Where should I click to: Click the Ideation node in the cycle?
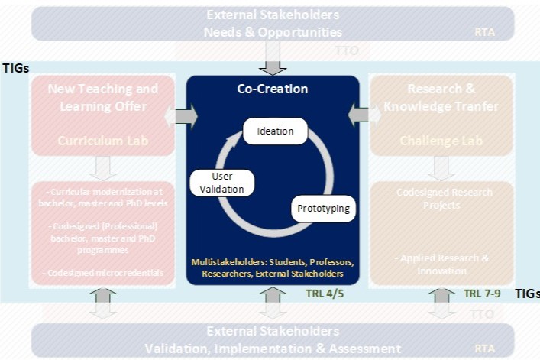(x=275, y=131)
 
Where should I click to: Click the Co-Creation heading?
(x=272, y=89)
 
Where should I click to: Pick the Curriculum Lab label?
(x=102, y=141)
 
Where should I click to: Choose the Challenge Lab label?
(x=436, y=141)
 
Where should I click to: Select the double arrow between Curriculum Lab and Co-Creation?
(x=180, y=117)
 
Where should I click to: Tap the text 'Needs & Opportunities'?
(x=272, y=31)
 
